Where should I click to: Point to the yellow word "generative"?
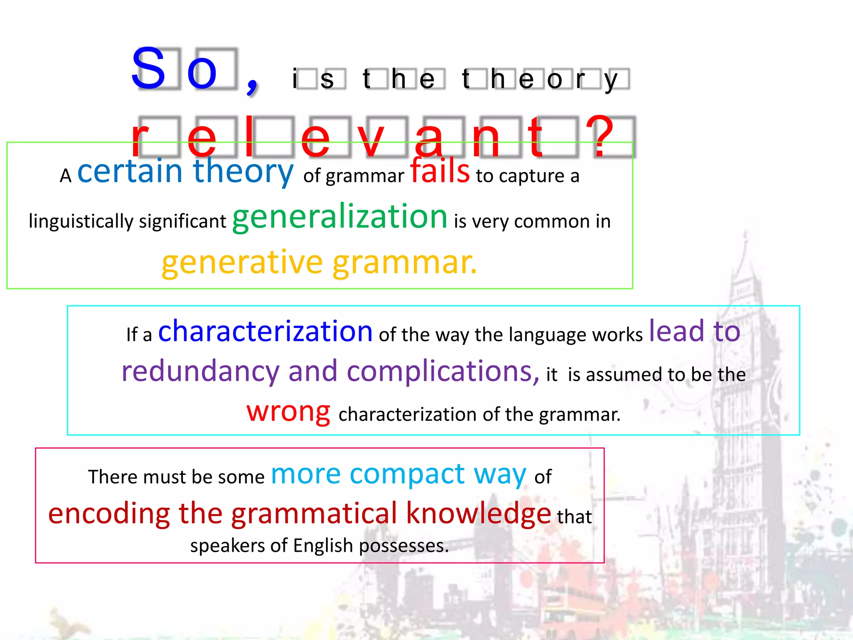pos(242,262)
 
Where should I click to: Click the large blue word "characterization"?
pos(265,331)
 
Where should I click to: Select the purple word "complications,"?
pos(443,371)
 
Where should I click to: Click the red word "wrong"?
pos(288,411)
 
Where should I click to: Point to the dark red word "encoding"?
pos(109,513)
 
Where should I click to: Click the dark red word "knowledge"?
pos(479,513)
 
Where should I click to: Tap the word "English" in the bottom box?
pos(323,545)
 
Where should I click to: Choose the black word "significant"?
pos(182,221)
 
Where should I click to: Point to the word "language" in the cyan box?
pos(547,335)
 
